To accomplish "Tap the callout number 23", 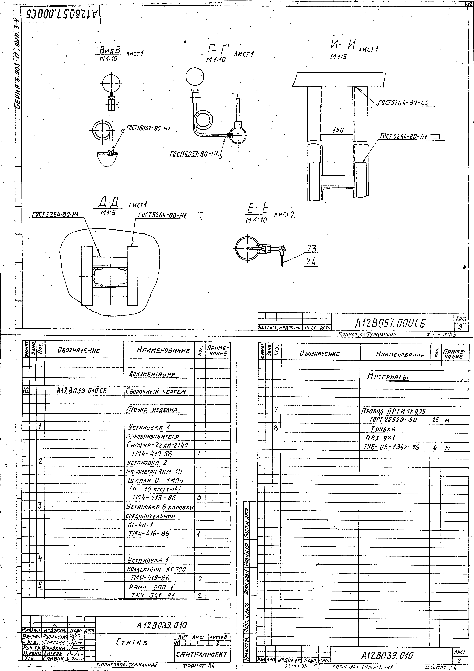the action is pyautogui.click(x=312, y=249).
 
